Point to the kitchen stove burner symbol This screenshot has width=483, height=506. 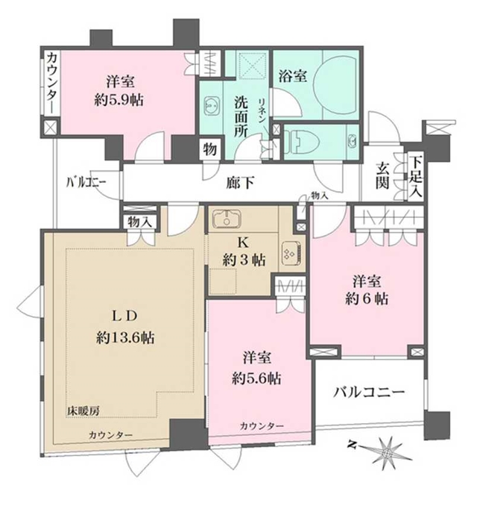click(288, 253)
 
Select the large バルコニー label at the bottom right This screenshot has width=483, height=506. click(367, 391)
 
